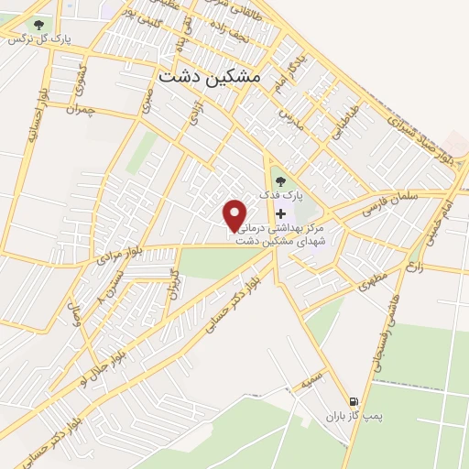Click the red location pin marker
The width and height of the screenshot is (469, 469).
click(235, 214)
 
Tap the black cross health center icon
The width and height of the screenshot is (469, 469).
click(279, 213)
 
